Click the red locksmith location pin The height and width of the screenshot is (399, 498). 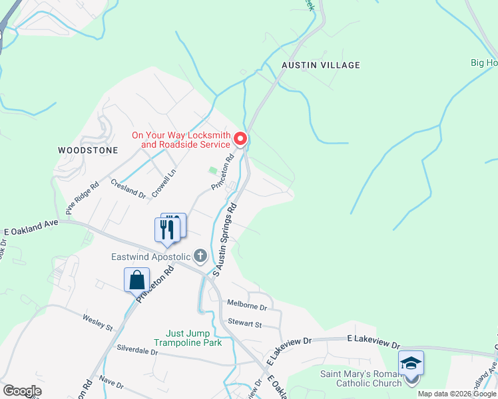(x=241, y=139)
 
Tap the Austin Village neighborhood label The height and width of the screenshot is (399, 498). (x=320, y=65)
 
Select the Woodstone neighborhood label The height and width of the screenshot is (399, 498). (x=88, y=150)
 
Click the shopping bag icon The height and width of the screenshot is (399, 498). (x=136, y=279)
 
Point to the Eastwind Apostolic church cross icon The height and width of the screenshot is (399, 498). (x=200, y=256)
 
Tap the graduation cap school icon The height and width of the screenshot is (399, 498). (x=411, y=363)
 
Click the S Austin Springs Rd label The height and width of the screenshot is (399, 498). (x=225, y=239)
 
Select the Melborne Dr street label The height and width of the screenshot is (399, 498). (x=246, y=308)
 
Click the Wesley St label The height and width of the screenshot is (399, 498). (x=98, y=323)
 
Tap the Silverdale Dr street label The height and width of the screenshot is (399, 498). (x=137, y=349)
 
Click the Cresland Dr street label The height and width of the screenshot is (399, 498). (x=128, y=189)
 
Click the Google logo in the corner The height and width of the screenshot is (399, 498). (x=21, y=391)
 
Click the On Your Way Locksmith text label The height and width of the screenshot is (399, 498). (x=180, y=140)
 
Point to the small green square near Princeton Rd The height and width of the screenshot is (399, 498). (x=212, y=171)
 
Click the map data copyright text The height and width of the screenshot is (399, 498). (x=457, y=394)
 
